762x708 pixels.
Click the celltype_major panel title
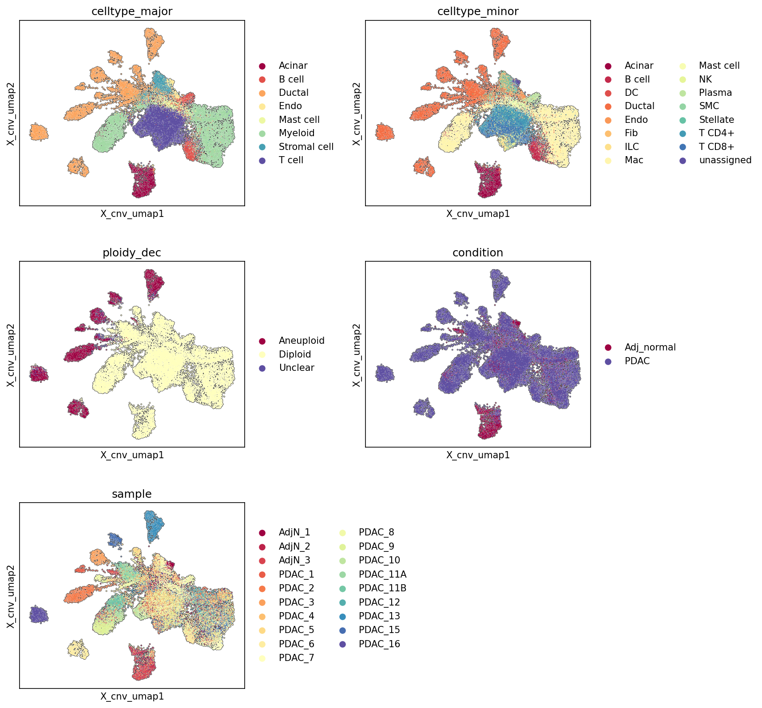[132, 12]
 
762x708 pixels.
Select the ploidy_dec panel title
[132, 253]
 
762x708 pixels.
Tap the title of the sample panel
[132, 494]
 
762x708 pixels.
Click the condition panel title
[478, 253]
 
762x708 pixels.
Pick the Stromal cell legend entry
[296, 147]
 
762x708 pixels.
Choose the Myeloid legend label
[296, 133]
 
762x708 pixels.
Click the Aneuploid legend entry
[292, 341]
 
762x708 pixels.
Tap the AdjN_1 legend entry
[285, 532]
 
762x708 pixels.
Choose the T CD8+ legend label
[717, 147]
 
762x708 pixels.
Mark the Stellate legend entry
[706, 120]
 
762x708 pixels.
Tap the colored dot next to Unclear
[262, 368]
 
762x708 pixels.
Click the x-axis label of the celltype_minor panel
[478, 214]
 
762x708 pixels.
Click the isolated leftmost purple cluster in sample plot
[39, 615]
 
